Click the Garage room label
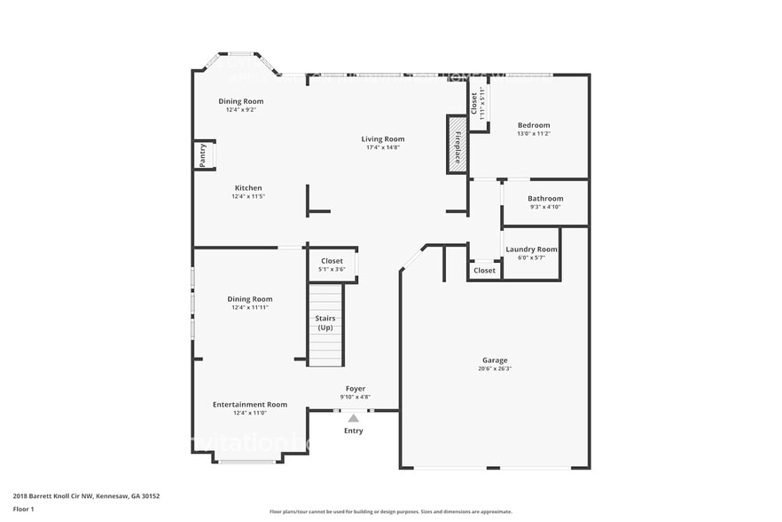point(495,360)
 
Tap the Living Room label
point(382,138)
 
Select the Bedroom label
point(534,125)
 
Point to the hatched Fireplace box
point(457,143)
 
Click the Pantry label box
point(203,155)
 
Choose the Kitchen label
point(248,187)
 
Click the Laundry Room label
point(531,249)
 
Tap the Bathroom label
point(545,199)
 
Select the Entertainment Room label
point(250,404)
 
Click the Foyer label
point(355,388)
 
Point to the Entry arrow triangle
point(353,417)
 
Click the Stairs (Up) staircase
point(325,324)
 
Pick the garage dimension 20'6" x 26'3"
point(495,368)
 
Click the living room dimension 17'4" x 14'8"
point(382,147)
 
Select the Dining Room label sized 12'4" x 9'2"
point(241,101)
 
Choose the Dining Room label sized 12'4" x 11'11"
point(249,299)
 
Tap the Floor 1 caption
point(23,509)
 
